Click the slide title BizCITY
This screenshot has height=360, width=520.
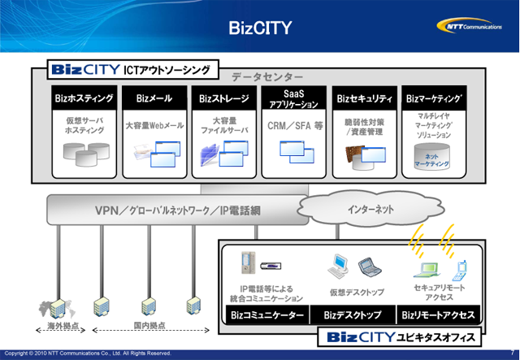coord(260,29)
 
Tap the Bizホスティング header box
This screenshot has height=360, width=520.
coord(84,99)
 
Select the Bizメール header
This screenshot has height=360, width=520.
coord(154,99)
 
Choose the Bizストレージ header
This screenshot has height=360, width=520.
coord(224,99)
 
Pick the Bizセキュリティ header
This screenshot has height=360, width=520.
coord(365,99)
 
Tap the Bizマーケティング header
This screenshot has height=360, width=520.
coord(436,99)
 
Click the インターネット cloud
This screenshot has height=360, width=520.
coord(370,210)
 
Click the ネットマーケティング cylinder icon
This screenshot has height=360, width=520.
coord(437,159)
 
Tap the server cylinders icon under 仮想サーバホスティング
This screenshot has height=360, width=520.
coord(85,152)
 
